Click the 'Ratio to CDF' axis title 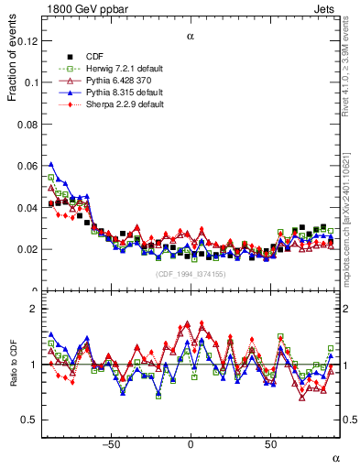pos(13,365)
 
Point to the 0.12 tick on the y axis pos(28,41)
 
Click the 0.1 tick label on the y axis pos(31,82)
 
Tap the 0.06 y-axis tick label pos(28,166)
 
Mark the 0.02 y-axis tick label pos(28,249)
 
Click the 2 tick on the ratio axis pos(35,309)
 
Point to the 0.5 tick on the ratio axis pos(31,420)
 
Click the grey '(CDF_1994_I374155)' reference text pos(190,274)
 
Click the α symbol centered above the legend pos(191,38)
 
